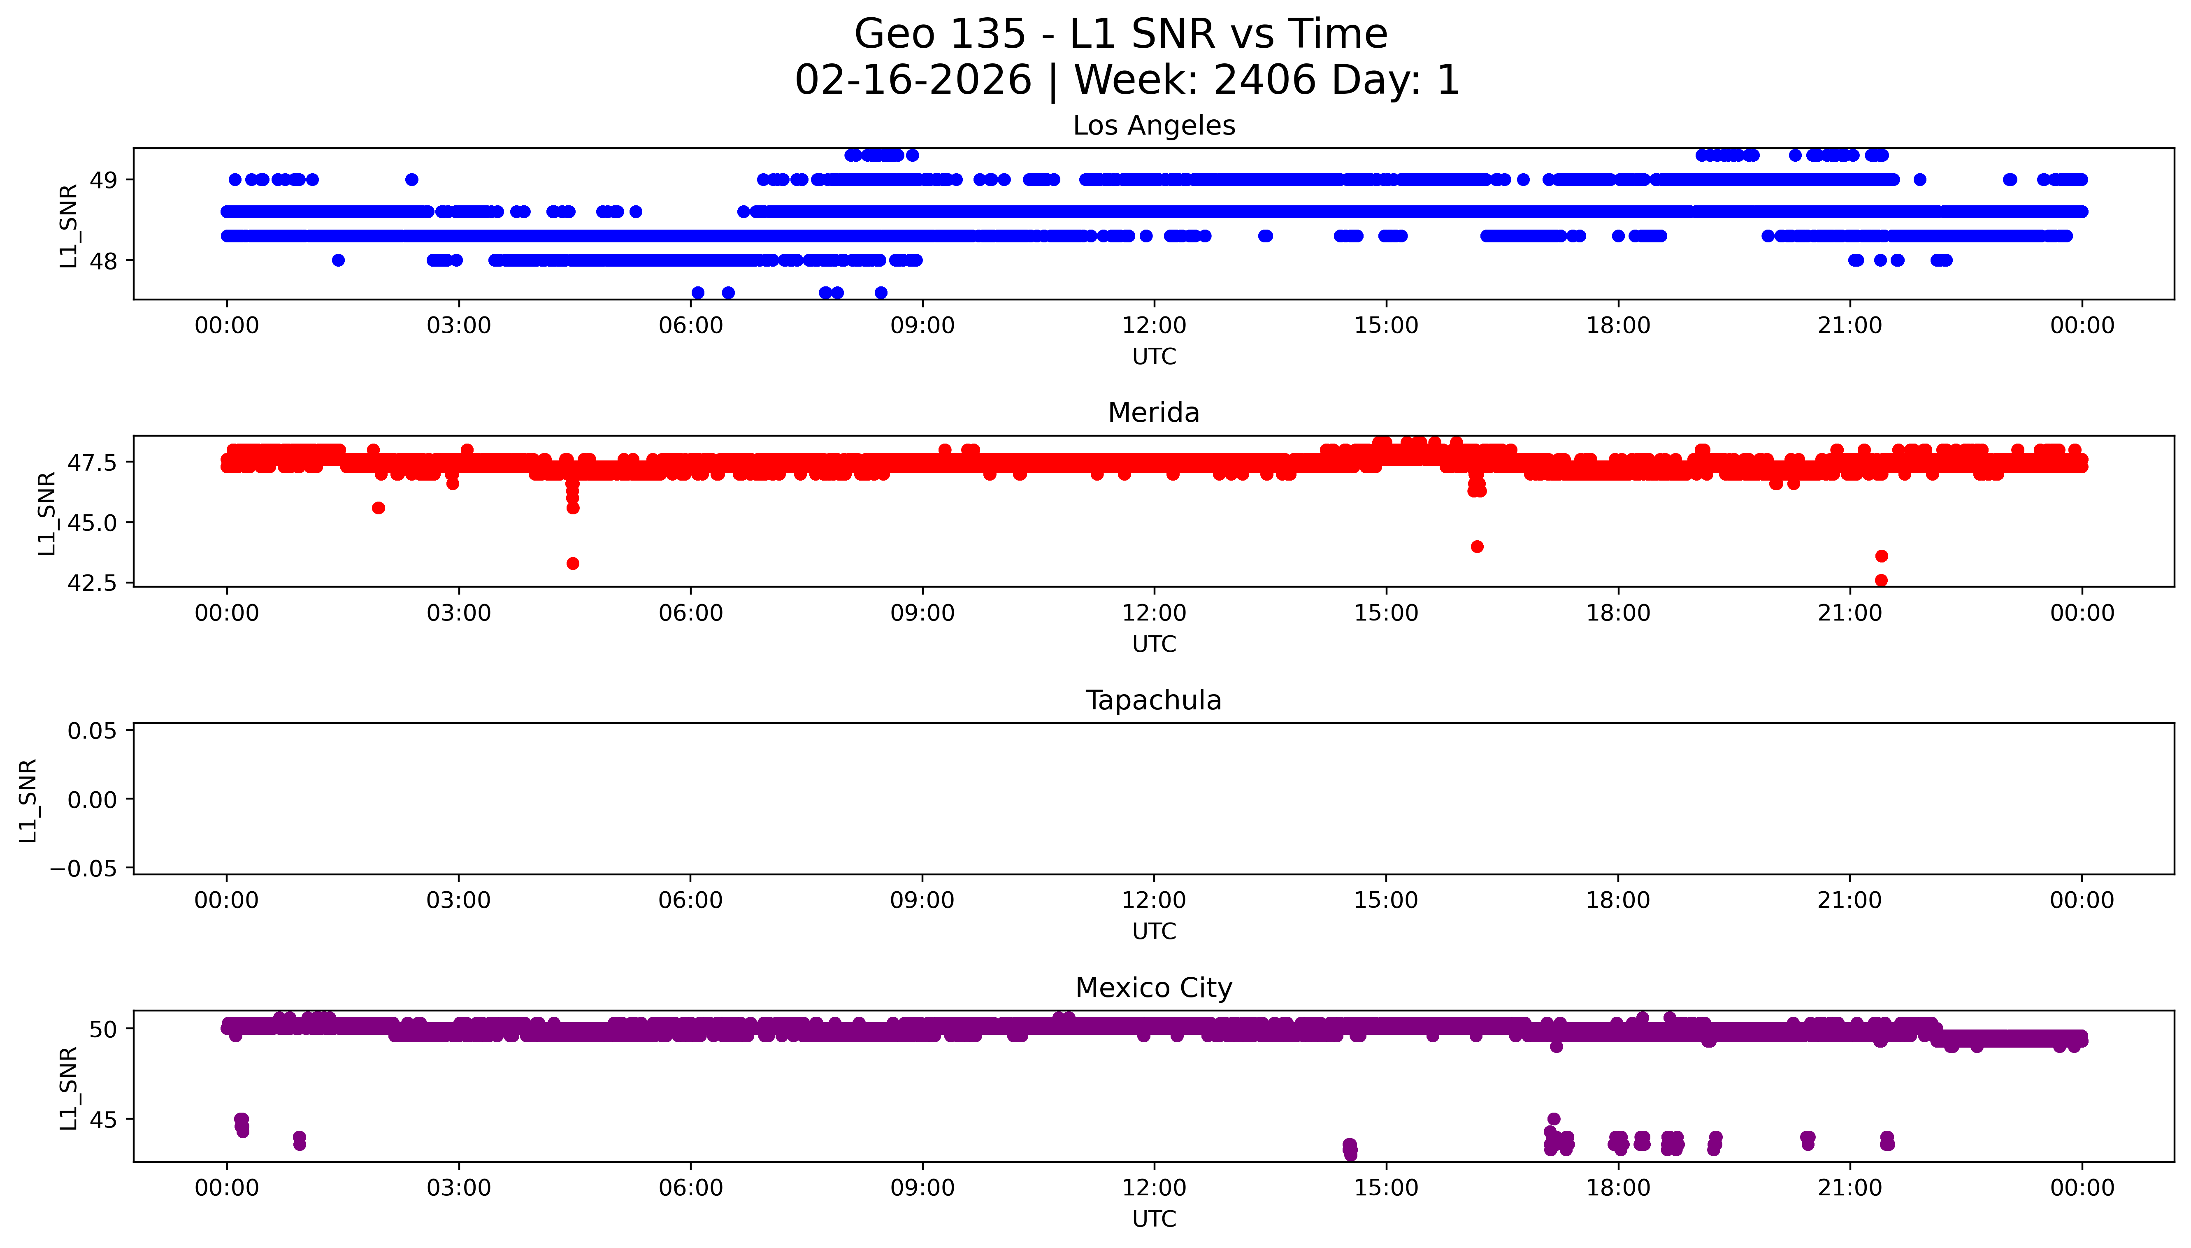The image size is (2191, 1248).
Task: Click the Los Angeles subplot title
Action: click(x=1153, y=126)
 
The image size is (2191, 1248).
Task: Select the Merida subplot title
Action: click(x=1153, y=413)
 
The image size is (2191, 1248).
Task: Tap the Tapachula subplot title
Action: click(x=1153, y=700)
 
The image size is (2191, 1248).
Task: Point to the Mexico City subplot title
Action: click(x=1153, y=988)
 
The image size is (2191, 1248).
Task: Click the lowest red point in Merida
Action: click(x=1881, y=580)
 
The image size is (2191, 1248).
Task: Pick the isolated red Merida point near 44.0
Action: click(x=1476, y=547)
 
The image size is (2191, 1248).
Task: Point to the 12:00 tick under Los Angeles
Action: click(x=1153, y=326)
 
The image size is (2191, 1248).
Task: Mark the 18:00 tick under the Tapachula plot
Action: click(x=1618, y=900)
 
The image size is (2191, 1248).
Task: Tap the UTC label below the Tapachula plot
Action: click(x=1153, y=931)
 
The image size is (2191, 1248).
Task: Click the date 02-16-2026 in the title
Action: click(x=913, y=81)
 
